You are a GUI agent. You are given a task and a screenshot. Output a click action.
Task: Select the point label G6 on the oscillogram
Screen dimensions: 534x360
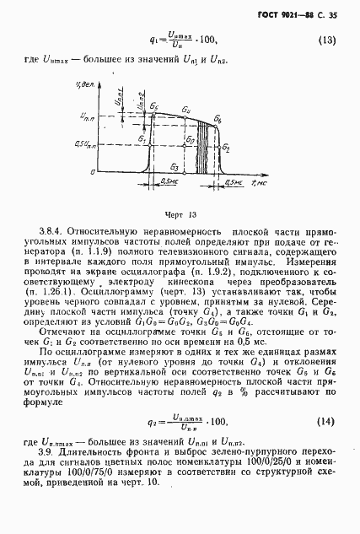[218, 121]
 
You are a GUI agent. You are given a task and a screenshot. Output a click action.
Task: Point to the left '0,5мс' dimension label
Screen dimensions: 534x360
[169, 181]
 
